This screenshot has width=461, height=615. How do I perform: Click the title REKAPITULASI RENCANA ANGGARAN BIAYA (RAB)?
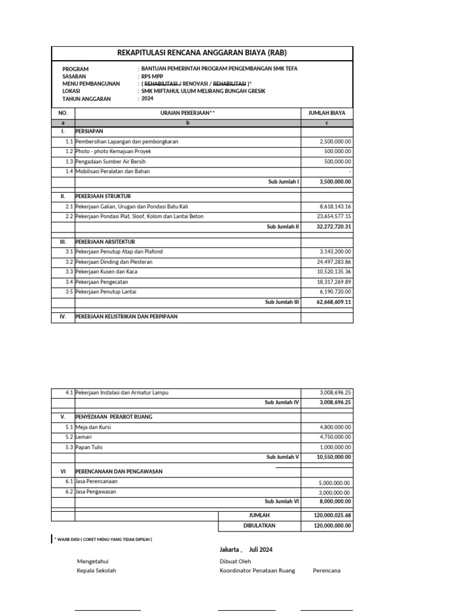click(x=202, y=53)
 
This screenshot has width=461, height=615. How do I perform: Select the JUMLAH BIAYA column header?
click(x=327, y=113)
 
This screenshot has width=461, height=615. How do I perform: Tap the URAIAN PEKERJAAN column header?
click(x=187, y=113)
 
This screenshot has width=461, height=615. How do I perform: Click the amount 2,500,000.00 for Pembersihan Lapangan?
click(x=336, y=142)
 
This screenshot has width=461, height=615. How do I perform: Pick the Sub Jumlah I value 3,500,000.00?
click(x=336, y=181)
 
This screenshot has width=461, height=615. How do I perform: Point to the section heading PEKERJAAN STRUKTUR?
click(x=103, y=196)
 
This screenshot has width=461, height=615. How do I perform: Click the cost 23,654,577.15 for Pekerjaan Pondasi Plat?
click(x=334, y=216)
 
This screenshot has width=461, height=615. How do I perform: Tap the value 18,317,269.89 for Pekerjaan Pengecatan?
click(x=334, y=282)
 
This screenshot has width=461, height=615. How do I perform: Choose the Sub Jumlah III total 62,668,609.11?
click(x=334, y=302)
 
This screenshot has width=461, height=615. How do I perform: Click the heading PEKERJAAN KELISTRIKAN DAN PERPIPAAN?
click(x=126, y=317)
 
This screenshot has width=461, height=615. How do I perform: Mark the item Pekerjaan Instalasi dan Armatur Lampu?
click(x=122, y=393)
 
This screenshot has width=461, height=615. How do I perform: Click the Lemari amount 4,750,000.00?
click(x=336, y=437)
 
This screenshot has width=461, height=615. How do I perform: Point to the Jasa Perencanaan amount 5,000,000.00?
click(x=336, y=483)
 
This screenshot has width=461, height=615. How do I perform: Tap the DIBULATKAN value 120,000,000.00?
click(x=333, y=526)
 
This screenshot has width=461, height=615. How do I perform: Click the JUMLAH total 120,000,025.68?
click(x=333, y=515)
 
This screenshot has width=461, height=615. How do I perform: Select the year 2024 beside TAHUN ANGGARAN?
click(x=148, y=98)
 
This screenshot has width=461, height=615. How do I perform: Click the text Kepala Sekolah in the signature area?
click(x=97, y=571)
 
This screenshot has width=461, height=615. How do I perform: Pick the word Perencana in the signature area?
click(x=327, y=571)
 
